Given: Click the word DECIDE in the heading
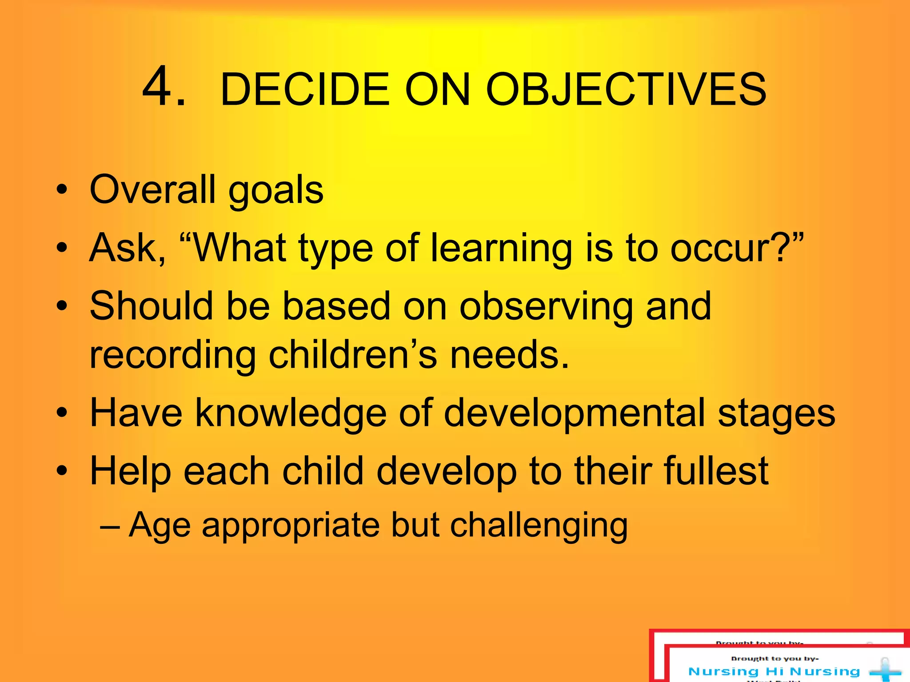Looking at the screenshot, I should coord(305,90).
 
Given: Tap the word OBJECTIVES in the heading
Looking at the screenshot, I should coord(626,90).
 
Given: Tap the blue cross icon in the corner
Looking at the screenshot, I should coord(885,671).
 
